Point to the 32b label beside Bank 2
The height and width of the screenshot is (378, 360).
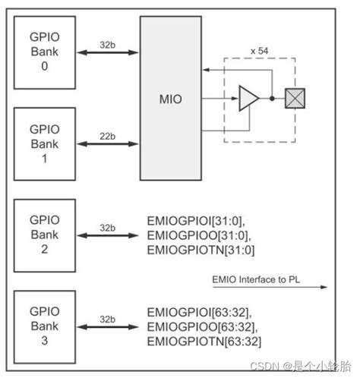click(106, 228)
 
